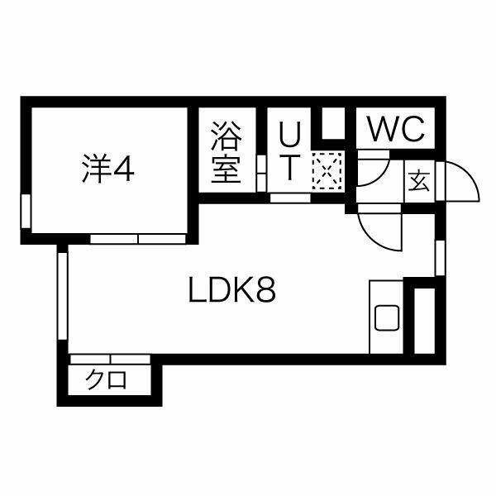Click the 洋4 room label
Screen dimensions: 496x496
point(108,169)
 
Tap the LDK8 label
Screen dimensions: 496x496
point(232,289)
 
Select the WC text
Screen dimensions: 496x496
point(397,129)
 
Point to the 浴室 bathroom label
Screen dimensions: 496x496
point(227,152)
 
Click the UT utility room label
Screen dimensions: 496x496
point(289,152)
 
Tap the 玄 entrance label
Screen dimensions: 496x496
point(419,181)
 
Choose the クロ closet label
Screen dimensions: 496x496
point(107,379)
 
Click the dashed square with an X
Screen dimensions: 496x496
point(327,171)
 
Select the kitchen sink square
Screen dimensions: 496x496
point(387,318)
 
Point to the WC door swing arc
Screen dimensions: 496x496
point(381,175)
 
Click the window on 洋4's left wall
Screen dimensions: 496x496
point(26,211)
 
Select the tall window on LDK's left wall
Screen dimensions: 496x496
point(63,296)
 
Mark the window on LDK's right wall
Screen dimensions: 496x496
point(440,258)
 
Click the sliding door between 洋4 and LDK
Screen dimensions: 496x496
point(138,239)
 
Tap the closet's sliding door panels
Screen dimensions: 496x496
point(110,360)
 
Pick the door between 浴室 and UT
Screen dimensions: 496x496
point(261,173)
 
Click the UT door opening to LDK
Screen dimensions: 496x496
point(290,198)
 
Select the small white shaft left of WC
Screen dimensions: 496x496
point(333,122)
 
